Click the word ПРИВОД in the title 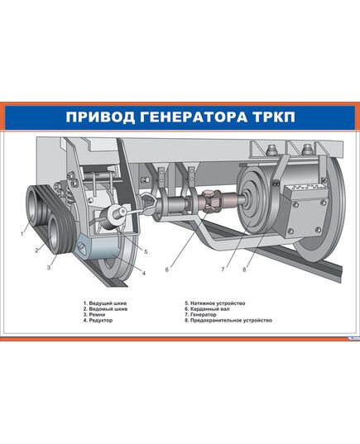(x=100, y=117)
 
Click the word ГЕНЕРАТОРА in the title (x=193, y=117)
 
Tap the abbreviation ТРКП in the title (x=273, y=117)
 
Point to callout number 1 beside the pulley (x=22, y=234)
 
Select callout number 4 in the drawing (x=144, y=273)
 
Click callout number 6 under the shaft (x=166, y=270)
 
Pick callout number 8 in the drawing (x=244, y=270)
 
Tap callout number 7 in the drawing (x=223, y=270)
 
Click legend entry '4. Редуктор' (x=98, y=320)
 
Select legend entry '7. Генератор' (x=201, y=314)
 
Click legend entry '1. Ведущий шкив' (x=105, y=303)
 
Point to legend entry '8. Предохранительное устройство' (x=228, y=320)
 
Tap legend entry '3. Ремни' (x=94, y=314)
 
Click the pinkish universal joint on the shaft (x=213, y=201)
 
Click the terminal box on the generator (x=305, y=209)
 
